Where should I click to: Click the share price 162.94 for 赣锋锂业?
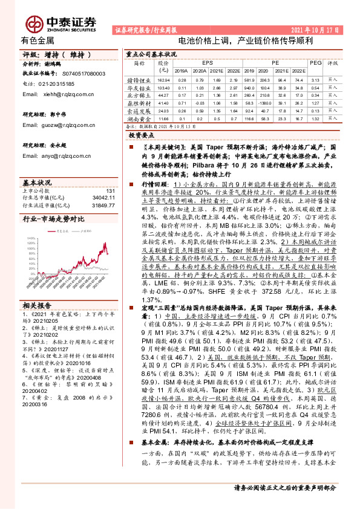(x=163, y=80)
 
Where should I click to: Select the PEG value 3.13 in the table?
(x=315, y=80)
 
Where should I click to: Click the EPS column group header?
(x=208, y=62)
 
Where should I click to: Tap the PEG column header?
(x=315, y=62)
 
